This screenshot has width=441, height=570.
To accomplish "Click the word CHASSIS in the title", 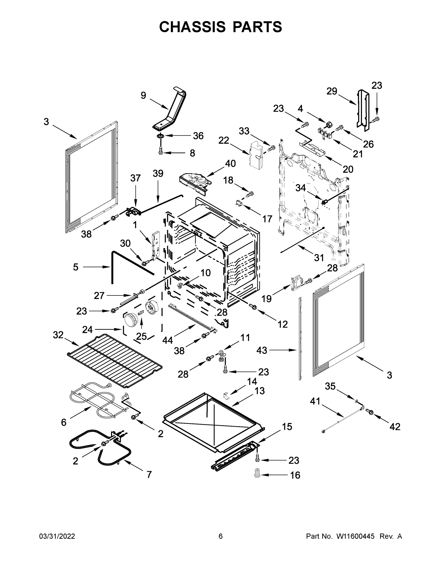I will tap(192, 27).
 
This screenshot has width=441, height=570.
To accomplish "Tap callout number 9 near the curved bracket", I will tap(143, 95).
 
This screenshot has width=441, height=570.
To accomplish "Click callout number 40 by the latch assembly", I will tap(230, 164).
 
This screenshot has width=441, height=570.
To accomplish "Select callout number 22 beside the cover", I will tap(224, 140).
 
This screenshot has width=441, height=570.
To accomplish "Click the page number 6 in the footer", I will tap(221, 536).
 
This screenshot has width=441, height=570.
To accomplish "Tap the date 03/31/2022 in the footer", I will tap(57, 536).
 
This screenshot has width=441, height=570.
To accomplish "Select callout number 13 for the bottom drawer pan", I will tap(259, 391).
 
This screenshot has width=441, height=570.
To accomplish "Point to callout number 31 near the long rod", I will tap(319, 258).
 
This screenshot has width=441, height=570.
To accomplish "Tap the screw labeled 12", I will tap(253, 307).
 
